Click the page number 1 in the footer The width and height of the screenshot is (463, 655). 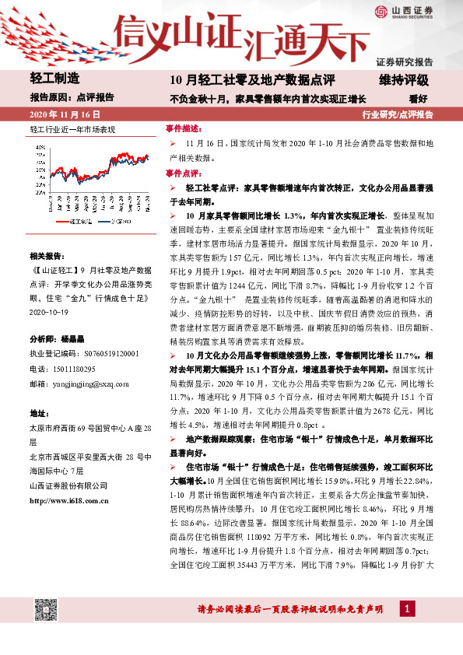407,608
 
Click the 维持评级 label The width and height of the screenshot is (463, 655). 404,79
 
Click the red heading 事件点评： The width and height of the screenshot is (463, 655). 184,172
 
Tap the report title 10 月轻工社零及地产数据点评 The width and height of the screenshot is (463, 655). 252,79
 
